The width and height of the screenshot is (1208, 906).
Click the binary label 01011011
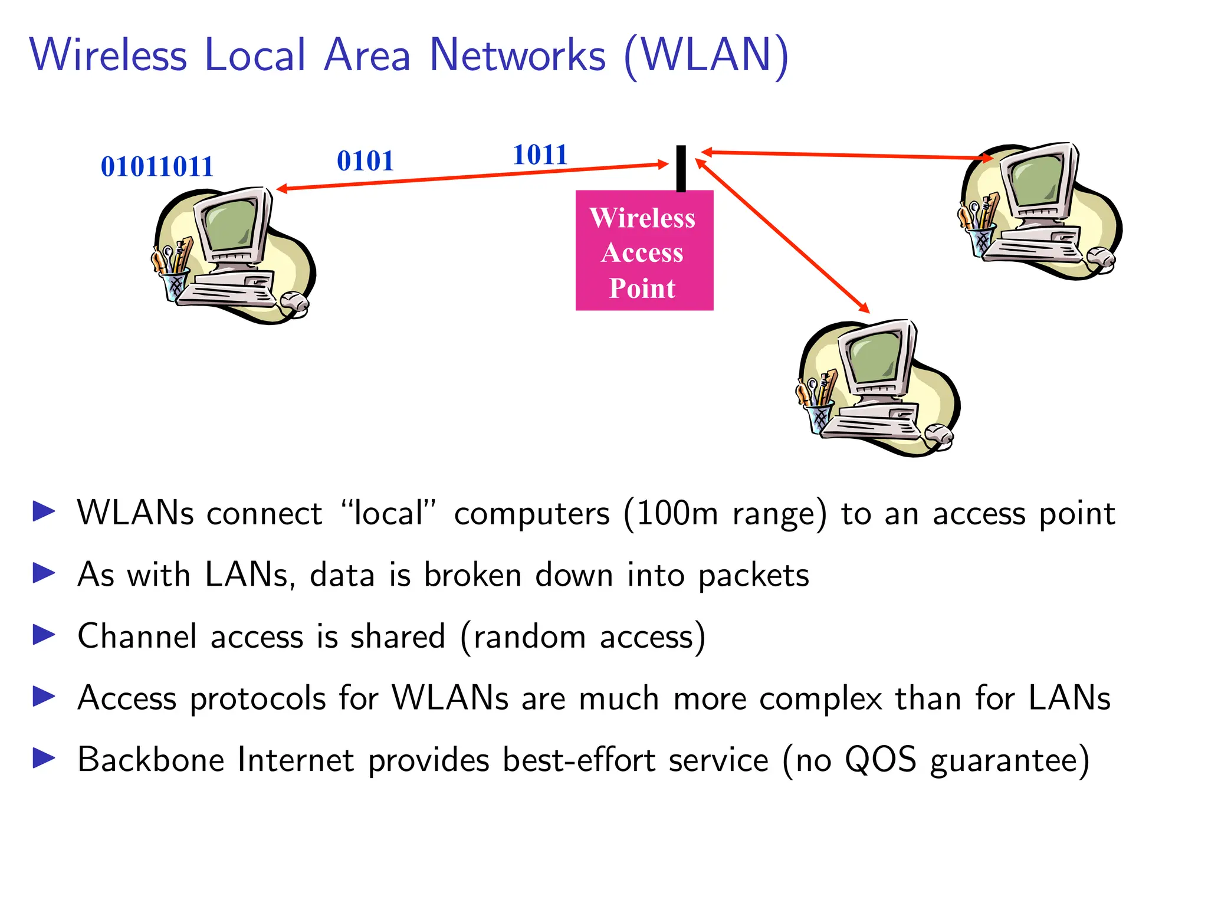coord(157,167)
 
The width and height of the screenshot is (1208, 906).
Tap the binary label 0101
coord(365,161)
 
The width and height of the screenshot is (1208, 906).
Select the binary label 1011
coord(540,155)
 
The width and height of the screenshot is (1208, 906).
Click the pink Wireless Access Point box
coord(644,251)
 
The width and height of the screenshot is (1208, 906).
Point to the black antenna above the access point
coord(681,168)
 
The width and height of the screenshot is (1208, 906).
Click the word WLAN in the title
coord(706,55)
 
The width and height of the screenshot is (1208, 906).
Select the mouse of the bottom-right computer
coord(938,435)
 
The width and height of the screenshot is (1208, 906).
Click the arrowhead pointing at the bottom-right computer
coord(865,308)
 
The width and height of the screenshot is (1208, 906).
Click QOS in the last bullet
coord(880,760)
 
